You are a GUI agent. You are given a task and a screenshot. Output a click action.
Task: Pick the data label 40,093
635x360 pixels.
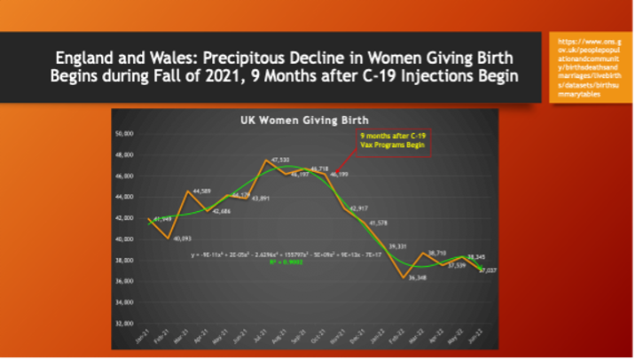[x=183, y=239]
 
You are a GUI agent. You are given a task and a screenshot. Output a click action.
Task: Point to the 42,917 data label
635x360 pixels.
[x=357, y=207]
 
